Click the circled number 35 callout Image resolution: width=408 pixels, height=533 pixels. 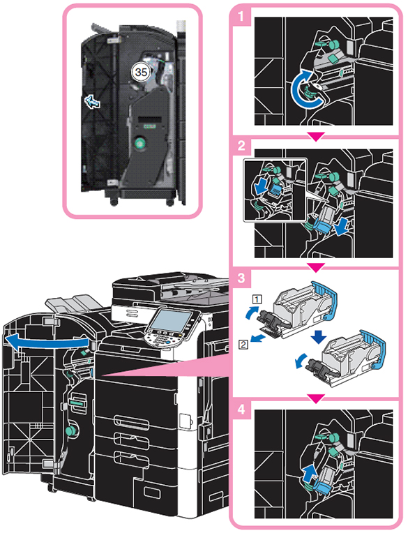[x=141, y=72]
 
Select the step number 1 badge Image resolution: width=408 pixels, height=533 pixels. [x=241, y=15]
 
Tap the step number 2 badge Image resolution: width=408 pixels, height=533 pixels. [x=241, y=146]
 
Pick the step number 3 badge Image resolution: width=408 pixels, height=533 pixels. [x=241, y=278]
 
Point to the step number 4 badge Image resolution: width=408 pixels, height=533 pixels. [x=241, y=409]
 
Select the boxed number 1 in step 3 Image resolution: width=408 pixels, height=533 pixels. [x=257, y=299]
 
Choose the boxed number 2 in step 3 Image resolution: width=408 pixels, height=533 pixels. [x=243, y=345]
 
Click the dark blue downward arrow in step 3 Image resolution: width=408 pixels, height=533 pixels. [x=318, y=337]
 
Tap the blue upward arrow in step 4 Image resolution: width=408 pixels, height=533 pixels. [x=309, y=473]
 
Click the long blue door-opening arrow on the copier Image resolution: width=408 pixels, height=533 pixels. [x=47, y=341]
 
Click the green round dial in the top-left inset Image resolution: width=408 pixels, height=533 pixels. [x=139, y=144]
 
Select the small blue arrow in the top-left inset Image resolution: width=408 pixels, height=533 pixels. [x=92, y=102]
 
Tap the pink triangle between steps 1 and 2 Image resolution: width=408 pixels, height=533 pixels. [x=316, y=136]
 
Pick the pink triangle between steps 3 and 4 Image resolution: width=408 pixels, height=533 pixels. [x=316, y=398]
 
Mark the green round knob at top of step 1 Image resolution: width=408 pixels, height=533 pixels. [x=333, y=44]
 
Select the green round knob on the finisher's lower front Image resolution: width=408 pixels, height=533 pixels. [x=70, y=431]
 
